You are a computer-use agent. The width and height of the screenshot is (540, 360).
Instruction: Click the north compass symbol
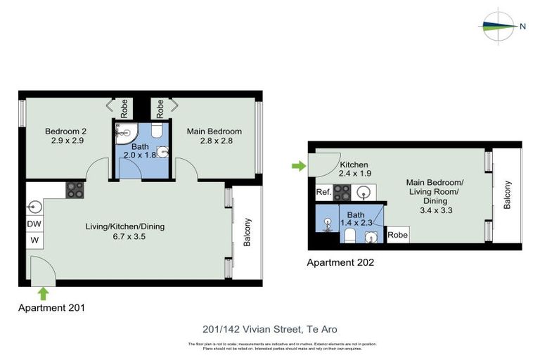[x=500, y=27]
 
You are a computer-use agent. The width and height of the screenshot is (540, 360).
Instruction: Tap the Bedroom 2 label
[x=65, y=136]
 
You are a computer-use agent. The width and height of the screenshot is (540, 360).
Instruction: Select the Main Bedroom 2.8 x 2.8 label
[x=214, y=136]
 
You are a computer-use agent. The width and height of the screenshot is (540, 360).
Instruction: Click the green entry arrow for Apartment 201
[x=42, y=292]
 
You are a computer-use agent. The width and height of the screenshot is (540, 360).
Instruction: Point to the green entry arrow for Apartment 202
[x=300, y=166]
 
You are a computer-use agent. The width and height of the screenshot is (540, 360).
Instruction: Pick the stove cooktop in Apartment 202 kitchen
[x=342, y=191]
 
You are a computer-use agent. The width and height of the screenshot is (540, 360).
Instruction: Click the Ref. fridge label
[x=323, y=191]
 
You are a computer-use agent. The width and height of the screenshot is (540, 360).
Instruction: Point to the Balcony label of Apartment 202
[x=507, y=195]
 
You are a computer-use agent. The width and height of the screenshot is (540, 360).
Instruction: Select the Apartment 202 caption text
[x=340, y=263]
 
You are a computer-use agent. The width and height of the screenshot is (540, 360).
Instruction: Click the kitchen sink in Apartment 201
[x=35, y=207]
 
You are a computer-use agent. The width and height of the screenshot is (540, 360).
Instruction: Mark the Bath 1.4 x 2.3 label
[x=355, y=219]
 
